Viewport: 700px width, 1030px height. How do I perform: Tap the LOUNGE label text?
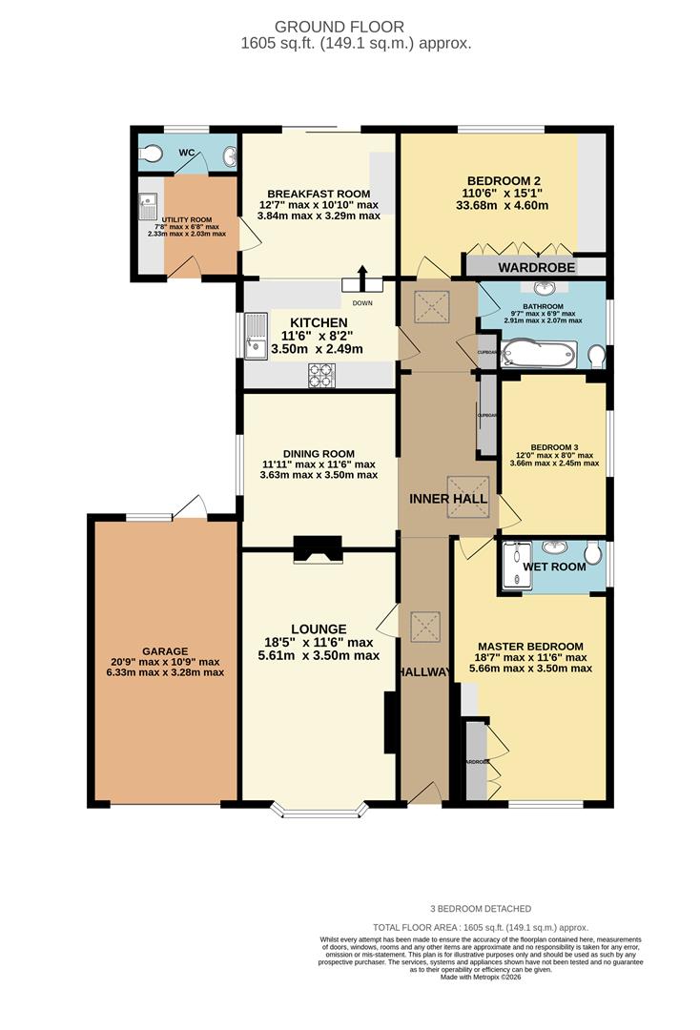click(x=319, y=629)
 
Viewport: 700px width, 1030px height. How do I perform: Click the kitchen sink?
click(x=256, y=340)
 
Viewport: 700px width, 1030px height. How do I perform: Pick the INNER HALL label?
click(x=448, y=499)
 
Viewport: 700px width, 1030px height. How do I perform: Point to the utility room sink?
click(x=148, y=204)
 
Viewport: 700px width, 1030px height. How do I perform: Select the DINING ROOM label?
click(x=319, y=454)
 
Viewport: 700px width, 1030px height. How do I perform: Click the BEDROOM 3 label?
click(x=554, y=446)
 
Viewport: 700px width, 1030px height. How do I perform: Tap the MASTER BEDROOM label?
click(x=530, y=647)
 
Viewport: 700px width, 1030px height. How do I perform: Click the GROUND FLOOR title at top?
click(x=353, y=27)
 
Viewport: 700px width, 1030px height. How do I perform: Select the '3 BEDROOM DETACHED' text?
click(x=481, y=909)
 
